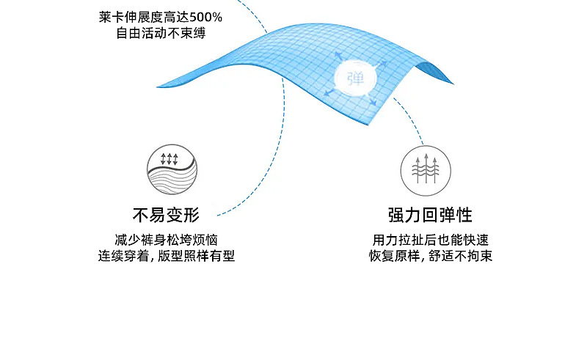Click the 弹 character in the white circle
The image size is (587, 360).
[x=356, y=76]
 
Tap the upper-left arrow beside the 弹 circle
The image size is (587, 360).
[x=339, y=57]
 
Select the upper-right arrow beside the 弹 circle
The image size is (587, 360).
[x=375, y=60]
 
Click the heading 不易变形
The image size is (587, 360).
[x=166, y=215]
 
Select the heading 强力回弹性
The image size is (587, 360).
[x=429, y=215]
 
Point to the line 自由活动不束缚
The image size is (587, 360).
[x=160, y=33]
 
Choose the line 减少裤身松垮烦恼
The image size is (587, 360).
[x=166, y=240]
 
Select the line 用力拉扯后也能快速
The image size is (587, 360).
[x=431, y=240]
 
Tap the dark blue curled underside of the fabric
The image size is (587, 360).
[x=439, y=70]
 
